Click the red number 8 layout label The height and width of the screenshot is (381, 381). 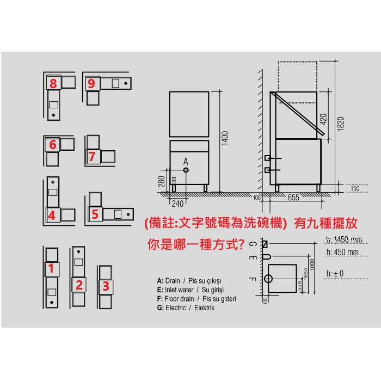[53, 83]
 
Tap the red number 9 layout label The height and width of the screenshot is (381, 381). [91, 84]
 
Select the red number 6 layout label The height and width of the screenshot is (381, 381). [53, 145]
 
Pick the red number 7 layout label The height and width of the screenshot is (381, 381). [92, 157]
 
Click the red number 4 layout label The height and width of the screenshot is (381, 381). [52, 216]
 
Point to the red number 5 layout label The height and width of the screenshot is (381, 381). [95, 214]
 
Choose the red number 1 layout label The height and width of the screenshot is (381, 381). [51, 268]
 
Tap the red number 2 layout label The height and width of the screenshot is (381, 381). [79, 285]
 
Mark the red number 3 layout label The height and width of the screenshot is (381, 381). [106, 286]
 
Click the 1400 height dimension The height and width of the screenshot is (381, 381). [225, 138]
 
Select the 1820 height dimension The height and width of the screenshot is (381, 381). [341, 124]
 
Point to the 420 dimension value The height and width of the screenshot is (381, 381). [323, 119]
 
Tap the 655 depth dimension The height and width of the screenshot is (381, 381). [293, 197]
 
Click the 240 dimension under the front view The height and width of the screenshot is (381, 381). [177, 204]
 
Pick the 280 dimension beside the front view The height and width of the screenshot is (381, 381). [162, 181]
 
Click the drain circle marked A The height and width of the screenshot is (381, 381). [186, 170]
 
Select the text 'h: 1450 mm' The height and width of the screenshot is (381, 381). [344, 240]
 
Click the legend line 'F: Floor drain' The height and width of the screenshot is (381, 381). [175, 299]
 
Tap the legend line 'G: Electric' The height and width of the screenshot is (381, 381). [171, 308]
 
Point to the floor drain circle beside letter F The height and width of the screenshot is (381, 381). [268, 279]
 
